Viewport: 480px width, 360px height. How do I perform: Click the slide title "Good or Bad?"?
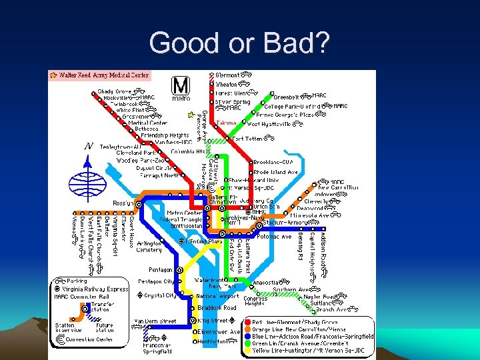239,43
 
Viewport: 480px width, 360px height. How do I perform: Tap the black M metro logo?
181,87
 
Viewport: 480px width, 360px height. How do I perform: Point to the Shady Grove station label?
115,91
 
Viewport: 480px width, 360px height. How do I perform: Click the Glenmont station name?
228,75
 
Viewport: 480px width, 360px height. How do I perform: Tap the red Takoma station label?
226,123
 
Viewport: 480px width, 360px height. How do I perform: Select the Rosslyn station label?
123,203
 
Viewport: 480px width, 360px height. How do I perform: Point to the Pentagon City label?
156,282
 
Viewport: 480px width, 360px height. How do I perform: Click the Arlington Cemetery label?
149,246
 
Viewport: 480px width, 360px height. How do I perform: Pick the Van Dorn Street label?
155,321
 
